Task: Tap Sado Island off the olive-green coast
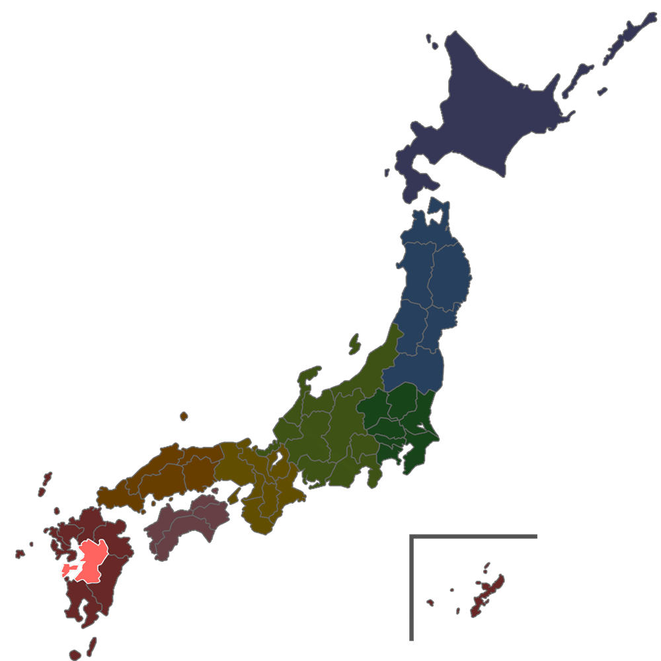click(354, 344)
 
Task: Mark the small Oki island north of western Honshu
click(183, 416)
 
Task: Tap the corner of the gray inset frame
click(412, 536)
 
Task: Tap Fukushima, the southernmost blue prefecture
click(413, 370)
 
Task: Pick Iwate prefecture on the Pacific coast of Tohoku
click(453, 271)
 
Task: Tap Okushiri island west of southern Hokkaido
click(388, 173)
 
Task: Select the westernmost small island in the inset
click(430, 602)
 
